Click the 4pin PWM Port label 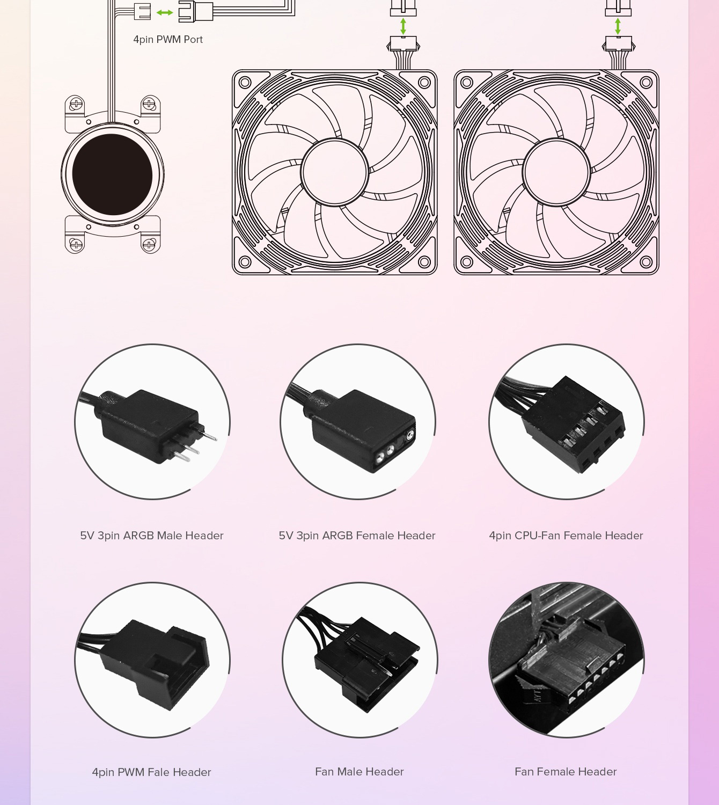(x=168, y=39)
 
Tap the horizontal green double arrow (x=165, y=13)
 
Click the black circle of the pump (x=113, y=174)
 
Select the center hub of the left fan (x=334, y=172)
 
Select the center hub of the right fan (x=556, y=172)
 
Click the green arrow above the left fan (x=403, y=26)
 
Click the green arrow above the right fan (x=618, y=26)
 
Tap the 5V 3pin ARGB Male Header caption (x=152, y=536)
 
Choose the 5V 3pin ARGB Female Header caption (x=357, y=536)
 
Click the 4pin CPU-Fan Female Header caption (x=566, y=536)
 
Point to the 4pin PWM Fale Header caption (x=151, y=772)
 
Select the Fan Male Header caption (x=359, y=772)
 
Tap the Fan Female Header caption (x=566, y=772)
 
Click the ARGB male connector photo (x=152, y=422)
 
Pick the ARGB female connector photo (x=358, y=422)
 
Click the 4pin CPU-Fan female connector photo (x=567, y=422)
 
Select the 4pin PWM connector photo (x=152, y=660)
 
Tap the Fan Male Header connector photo (x=360, y=660)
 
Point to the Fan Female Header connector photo (x=567, y=660)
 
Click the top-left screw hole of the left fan (x=245, y=83)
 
